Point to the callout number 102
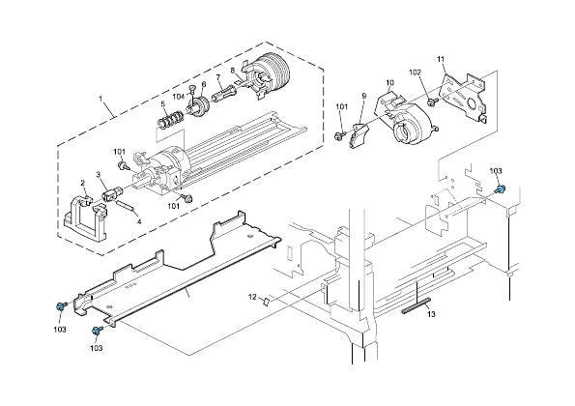pos(417,72)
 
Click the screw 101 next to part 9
pos(341,134)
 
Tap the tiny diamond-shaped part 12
pos(269,300)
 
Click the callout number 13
pos(432,315)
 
